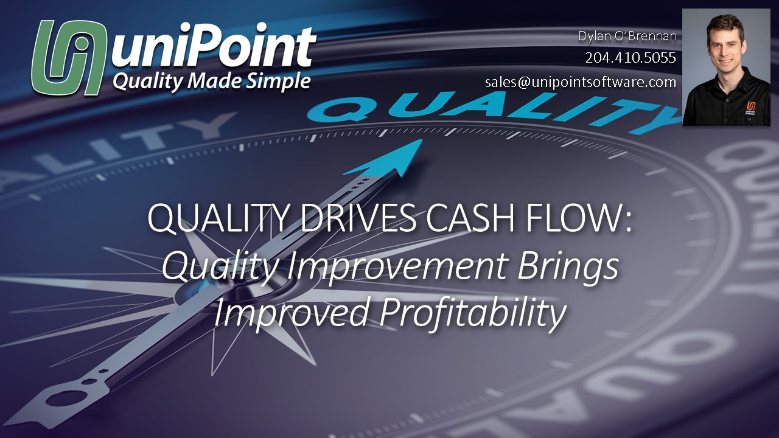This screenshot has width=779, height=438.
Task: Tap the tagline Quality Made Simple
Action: tap(211, 81)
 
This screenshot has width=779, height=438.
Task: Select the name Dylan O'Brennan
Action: tap(627, 36)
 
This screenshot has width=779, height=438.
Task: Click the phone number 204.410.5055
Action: tap(631, 58)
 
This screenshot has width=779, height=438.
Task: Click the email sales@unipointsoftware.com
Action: tap(581, 82)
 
